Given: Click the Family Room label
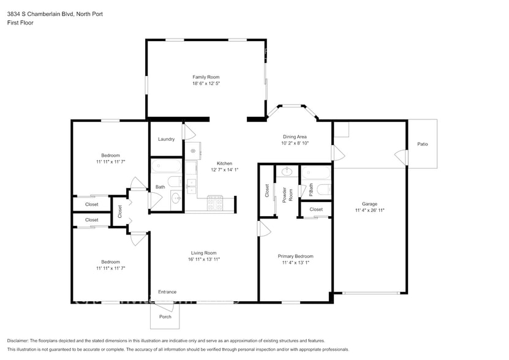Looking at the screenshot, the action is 206,77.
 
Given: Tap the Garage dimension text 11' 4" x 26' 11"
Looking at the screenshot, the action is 370,210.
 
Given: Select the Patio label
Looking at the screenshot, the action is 422,144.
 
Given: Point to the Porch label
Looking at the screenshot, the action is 165,317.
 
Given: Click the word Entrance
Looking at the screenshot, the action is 167,292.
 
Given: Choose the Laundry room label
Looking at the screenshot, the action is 166,139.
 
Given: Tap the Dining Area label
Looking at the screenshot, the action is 295,137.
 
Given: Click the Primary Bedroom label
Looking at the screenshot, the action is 295,256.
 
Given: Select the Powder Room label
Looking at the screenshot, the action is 288,195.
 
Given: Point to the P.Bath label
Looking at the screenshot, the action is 311,190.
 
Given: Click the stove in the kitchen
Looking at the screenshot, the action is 215,203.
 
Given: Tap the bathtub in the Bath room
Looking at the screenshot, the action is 166,165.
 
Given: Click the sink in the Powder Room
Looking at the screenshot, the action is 287,171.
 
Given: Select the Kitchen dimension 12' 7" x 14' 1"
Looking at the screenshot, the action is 225,170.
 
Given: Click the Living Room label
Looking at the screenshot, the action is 203,253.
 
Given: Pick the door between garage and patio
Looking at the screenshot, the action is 402,157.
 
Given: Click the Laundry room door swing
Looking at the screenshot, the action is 189,132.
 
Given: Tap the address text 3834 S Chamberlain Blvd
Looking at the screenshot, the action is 41,14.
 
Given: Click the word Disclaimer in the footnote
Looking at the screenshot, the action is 18,340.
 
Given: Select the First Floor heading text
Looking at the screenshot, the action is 20,23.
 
